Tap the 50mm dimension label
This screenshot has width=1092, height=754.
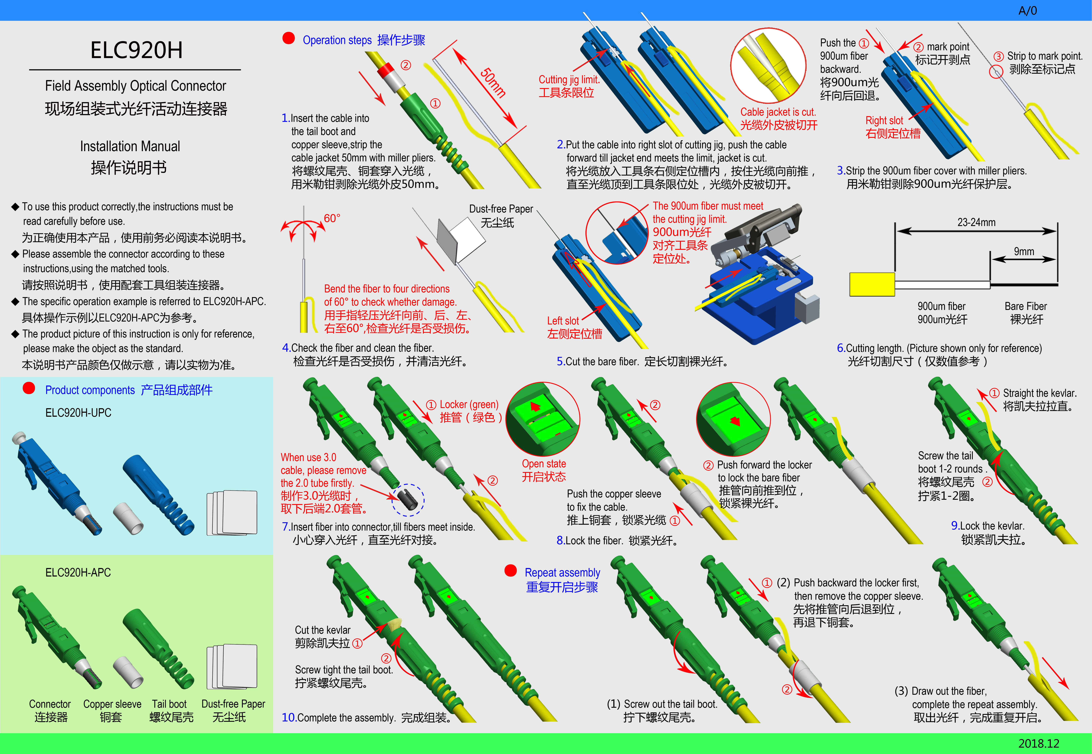[x=493, y=83]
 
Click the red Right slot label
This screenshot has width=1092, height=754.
[x=884, y=120]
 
